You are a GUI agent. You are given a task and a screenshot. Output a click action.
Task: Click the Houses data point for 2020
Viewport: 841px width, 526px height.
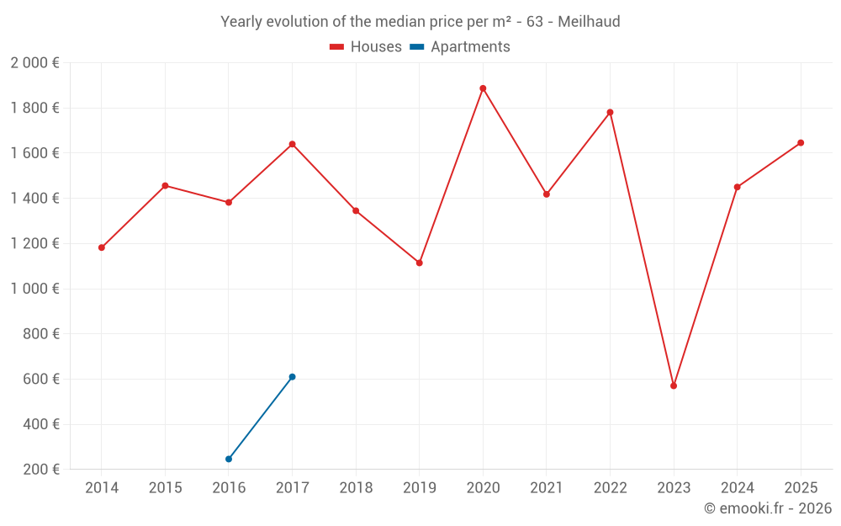(x=483, y=88)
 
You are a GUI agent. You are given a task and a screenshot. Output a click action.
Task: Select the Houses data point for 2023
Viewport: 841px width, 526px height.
(x=674, y=385)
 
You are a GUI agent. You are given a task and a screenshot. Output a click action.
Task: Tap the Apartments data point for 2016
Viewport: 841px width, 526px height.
(x=229, y=459)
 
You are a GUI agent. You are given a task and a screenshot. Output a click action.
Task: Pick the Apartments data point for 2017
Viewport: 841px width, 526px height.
(x=292, y=377)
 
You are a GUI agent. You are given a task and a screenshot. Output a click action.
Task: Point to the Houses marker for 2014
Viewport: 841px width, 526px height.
(x=102, y=247)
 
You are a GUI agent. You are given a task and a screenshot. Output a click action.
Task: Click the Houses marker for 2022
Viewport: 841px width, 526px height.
(x=610, y=112)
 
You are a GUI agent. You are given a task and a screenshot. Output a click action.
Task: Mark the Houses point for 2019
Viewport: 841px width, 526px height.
(x=420, y=263)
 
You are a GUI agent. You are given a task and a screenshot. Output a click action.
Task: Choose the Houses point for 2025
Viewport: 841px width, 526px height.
(x=801, y=143)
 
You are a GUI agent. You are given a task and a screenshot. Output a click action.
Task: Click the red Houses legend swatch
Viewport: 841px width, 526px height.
(x=337, y=47)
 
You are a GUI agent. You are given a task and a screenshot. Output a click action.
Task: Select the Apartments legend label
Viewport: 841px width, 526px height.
(x=470, y=47)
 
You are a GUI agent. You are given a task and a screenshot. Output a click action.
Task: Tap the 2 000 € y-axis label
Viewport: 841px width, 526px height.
(x=34, y=63)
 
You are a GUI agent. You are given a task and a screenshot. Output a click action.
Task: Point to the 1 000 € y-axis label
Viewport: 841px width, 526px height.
(x=34, y=289)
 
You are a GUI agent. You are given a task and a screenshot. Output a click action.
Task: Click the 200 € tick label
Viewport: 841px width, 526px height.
(x=40, y=470)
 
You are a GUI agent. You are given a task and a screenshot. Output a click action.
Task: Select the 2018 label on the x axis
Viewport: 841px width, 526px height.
(x=356, y=488)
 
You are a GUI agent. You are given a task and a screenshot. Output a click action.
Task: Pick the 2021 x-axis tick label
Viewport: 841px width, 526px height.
(x=547, y=488)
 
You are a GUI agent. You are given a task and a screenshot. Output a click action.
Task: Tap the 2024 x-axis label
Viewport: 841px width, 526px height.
(x=737, y=488)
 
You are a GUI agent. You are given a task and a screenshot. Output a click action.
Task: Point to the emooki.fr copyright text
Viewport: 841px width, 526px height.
(x=768, y=508)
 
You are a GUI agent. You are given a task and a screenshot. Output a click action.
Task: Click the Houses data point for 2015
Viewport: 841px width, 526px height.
(x=165, y=185)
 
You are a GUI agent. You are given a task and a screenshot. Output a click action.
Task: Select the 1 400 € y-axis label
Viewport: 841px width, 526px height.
(x=34, y=199)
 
